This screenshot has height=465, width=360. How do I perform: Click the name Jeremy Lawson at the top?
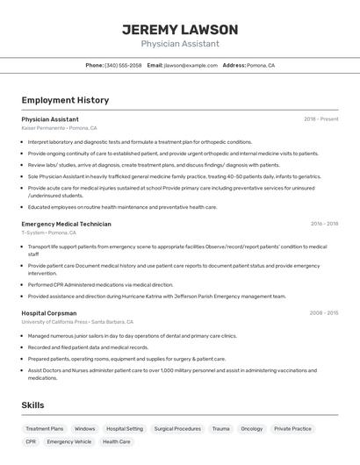click(x=180, y=29)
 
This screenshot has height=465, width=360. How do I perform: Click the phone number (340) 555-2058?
click(x=123, y=65)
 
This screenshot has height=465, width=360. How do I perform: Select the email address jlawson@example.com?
click(x=191, y=65)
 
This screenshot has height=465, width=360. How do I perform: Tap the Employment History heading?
click(x=65, y=100)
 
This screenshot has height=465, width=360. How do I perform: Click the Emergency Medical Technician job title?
click(x=66, y=224)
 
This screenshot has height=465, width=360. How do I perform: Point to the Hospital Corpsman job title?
click(x=49, y=312)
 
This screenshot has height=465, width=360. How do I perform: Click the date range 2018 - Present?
click(x=320, y=118)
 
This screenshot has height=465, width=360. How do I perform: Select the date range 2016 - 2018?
click(x=324, y=224)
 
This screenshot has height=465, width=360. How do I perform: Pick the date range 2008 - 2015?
click(x=324, y=312)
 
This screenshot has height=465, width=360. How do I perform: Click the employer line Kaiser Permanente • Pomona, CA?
click(x=59, y=128)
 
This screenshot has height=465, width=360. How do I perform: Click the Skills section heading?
click(x=32, y=404)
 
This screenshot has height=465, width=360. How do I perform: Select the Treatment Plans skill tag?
click(x=44, y=429)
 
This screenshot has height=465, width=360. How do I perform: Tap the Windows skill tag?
click(x=85, y=429)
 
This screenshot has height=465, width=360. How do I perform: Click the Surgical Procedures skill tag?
click(x=177, y=429)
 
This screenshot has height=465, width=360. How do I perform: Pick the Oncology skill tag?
click(x=251, y=429)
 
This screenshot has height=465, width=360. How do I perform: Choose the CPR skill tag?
click(x=31, y=441)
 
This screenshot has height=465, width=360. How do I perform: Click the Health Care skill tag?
click(x=117, y=441)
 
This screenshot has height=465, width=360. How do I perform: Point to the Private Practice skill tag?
click(x=292, y=429)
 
